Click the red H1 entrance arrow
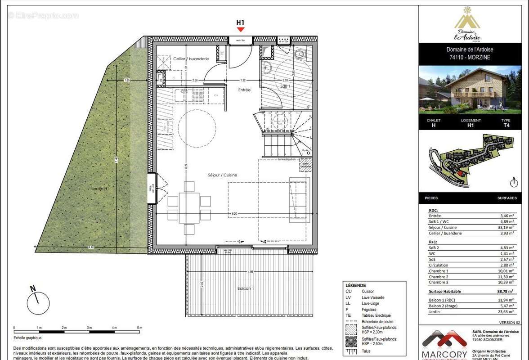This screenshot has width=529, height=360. [241, 29]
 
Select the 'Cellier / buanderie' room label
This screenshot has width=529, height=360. [191, 59]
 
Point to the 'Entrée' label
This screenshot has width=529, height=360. [244, 90]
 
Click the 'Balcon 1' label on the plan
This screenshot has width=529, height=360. [246, 288]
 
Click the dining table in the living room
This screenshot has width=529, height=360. [189, 207]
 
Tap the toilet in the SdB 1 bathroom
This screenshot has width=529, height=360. [299, 54]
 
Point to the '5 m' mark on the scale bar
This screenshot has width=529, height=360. [140, 328]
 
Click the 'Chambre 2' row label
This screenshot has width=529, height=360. [438, 277]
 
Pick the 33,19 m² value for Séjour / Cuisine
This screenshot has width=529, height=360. [507, 227]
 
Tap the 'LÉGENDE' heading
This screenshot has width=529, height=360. [355, 285]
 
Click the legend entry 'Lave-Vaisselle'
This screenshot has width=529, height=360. [373, 297]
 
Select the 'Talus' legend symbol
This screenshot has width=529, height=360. [352, 351]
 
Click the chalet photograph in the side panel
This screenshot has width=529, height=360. [470, 90]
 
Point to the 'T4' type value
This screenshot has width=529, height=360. [506, 126]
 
